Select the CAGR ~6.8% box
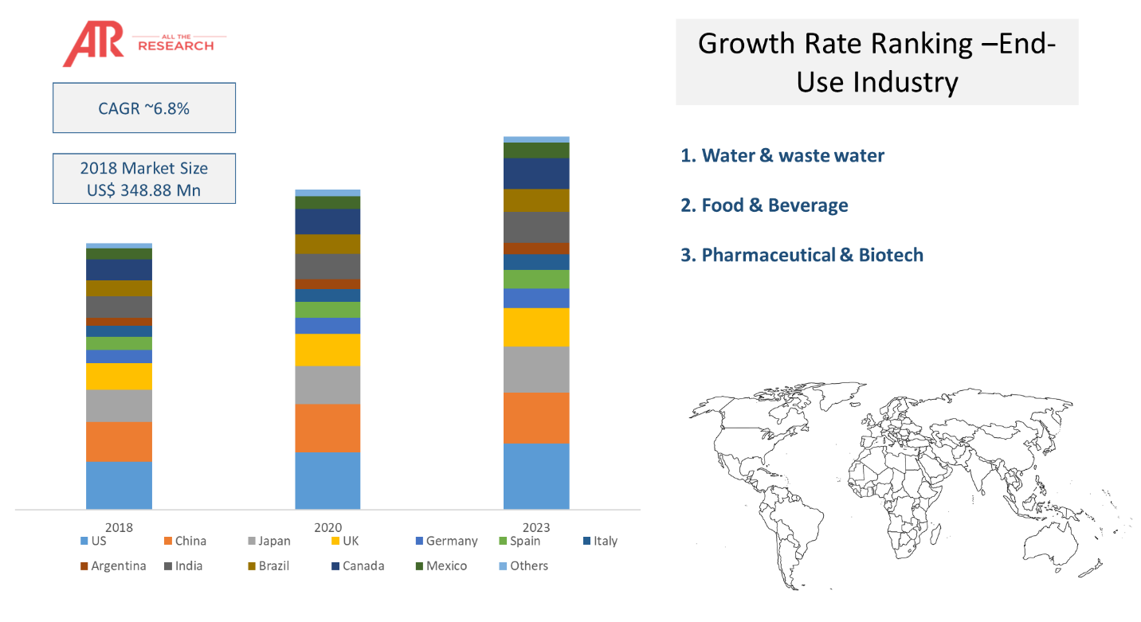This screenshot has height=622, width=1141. [144, 108]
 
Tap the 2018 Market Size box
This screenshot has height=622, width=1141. [144, 179]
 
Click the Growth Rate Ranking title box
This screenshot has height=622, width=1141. [876, 61]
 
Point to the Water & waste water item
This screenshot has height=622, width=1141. [782, 155]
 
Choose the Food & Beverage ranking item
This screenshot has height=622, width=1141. [765, 205]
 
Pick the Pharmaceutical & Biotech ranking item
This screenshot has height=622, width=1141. [802, 256]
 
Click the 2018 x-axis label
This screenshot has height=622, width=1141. [119, 527]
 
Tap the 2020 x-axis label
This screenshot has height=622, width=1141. [327, 527]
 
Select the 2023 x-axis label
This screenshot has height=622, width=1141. [536, 527]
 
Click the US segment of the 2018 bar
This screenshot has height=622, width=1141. [119, 485]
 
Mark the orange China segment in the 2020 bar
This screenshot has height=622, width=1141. [327, 428]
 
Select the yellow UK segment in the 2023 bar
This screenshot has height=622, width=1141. [536, 327]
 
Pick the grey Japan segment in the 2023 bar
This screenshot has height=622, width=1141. [536, 370]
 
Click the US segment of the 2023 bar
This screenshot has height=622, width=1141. [536, 476]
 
